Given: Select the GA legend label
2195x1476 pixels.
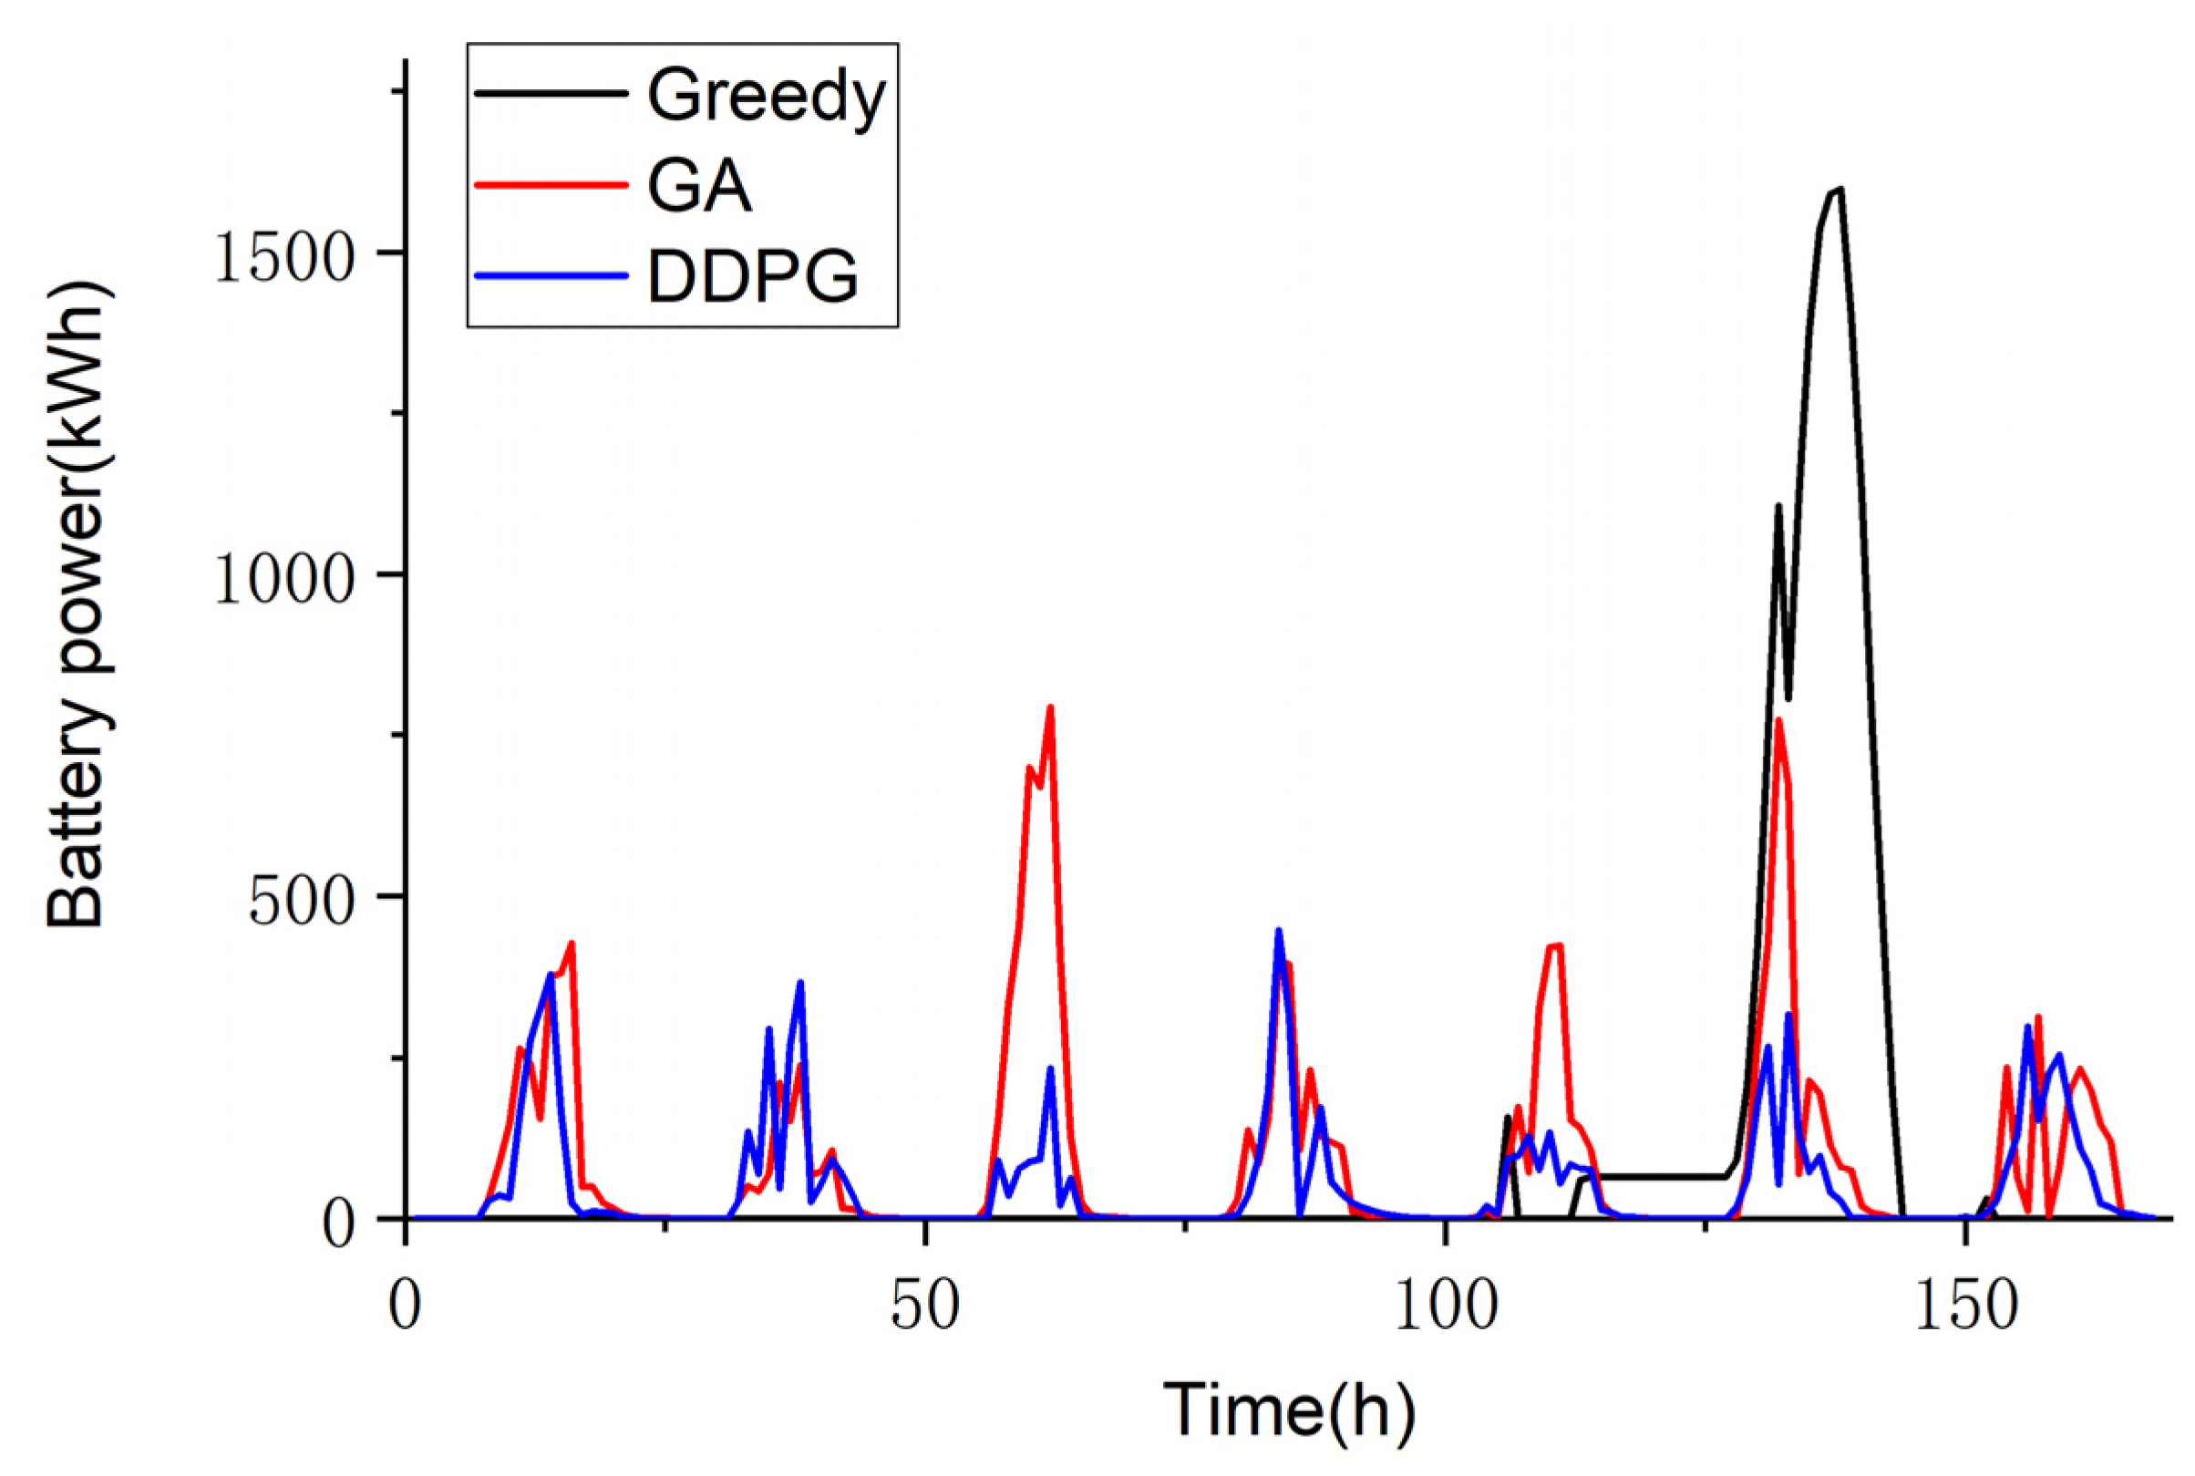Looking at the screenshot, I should click(x=699, y=187).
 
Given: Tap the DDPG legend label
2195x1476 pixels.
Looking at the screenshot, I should click(x=753, y=277).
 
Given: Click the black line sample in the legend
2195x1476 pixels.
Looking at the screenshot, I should click(x=551, y=93).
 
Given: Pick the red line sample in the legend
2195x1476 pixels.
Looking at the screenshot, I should click(x=551, y=183).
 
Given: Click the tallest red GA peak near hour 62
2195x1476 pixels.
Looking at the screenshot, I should click(x=1050, y=707).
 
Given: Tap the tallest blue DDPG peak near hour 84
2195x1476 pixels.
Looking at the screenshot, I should click(x=1278, y=931).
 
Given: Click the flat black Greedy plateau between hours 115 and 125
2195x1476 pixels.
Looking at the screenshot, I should click(x=1656, y=1177).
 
